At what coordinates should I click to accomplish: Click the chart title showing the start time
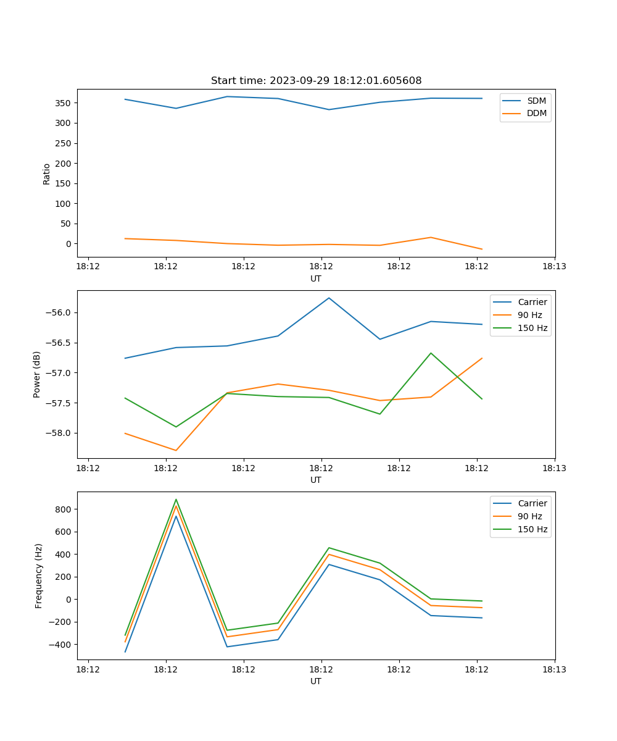[316, 81]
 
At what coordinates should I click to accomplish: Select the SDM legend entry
[536, 101]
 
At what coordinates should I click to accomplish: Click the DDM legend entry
[536, 113]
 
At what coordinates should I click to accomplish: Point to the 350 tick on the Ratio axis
[64, 103]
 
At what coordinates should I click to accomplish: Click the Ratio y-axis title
[47, 174]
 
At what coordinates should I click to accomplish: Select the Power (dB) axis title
[38, 374]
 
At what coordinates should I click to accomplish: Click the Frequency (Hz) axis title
[39, 576]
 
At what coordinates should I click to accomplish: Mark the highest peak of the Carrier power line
[329, 298]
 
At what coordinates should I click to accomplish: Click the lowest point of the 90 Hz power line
[176, 450]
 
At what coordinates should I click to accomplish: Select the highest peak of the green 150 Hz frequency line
[176, 500]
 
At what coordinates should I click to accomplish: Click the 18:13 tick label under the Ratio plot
[554, 267]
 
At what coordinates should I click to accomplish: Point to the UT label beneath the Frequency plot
[316, 681]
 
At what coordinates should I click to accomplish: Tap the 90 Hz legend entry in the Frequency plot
[530, 516]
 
